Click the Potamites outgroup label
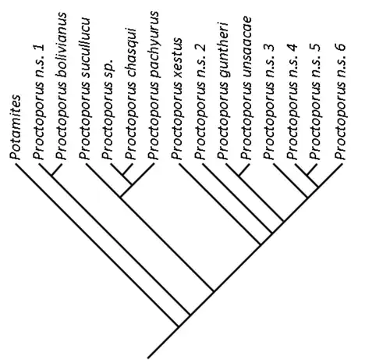coord(16,127)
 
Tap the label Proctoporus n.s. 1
coord(38,102)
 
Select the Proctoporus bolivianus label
coord(62,86)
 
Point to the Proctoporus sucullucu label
coord(85,88)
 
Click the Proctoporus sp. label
coord(108,109)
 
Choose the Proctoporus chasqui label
coord(131,94)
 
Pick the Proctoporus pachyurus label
coord(154,85)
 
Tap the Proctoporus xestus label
coord(177,98)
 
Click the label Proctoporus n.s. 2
coord(200,102)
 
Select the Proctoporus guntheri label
coord(223,91)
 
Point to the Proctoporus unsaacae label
coord(246,88)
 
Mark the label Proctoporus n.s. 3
coord(269,102)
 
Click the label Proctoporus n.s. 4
coord(292,102)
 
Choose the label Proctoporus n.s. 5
coord(315,102)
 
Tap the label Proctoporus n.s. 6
coord(340,102)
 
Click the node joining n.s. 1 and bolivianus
coord(51,176)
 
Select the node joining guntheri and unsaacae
coord(239,176)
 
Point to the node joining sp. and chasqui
coord(123,175)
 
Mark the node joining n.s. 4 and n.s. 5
coord(307,176)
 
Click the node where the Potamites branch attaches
coord(179,326)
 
